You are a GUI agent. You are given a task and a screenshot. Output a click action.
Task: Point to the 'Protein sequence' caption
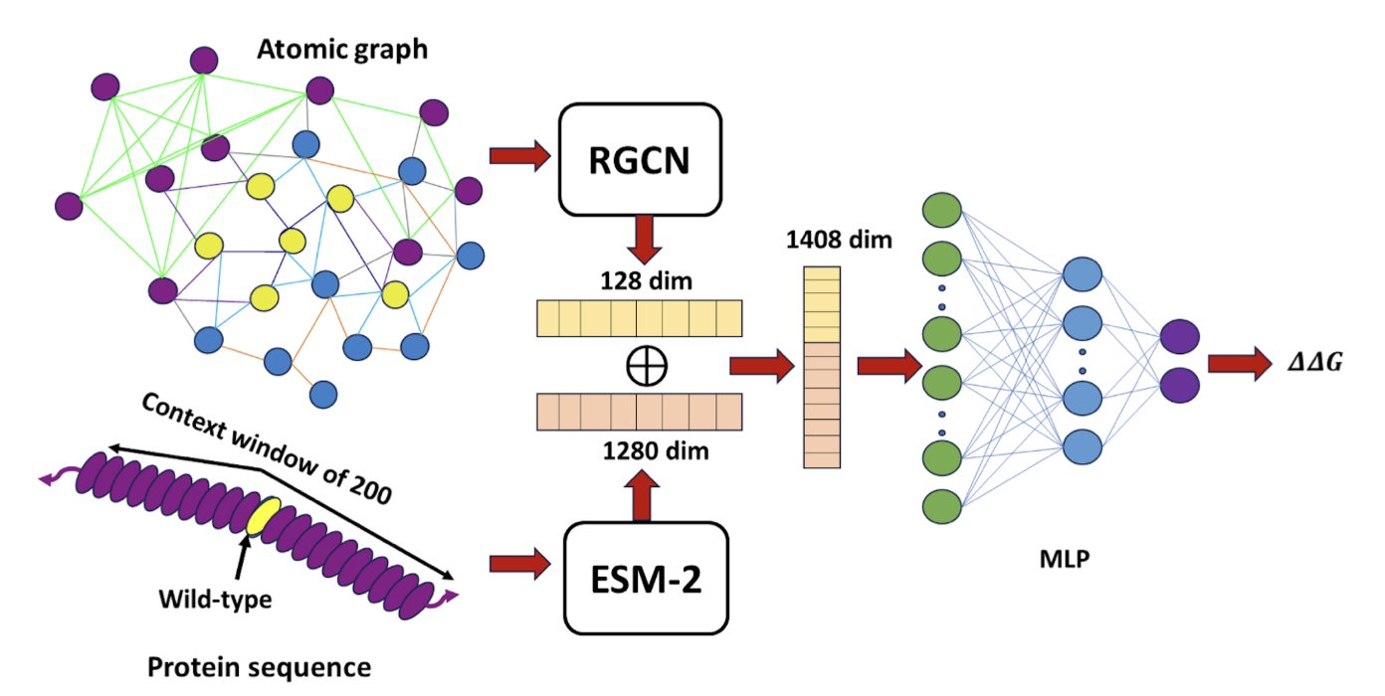(260, 665)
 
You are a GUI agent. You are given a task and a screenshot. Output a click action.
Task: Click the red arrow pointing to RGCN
(519, 155)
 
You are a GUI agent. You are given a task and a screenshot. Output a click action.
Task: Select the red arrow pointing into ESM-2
(519, 565)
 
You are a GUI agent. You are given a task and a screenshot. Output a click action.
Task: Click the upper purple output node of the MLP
(1180, 335)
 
